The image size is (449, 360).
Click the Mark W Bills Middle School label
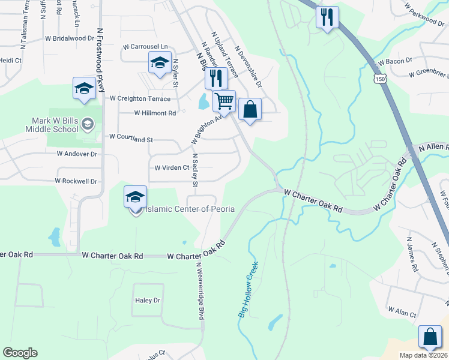coord(51,124)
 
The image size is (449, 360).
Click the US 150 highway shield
coord(379,79)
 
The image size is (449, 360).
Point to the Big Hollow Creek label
coord(248,289)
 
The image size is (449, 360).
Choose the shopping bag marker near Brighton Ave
coord(250,110)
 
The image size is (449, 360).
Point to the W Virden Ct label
coord(172,168)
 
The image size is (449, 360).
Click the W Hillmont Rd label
coord(155,113)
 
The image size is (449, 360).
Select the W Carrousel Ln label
coord(145,47)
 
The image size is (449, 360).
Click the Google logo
coord(20,353)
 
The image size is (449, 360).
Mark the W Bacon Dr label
coord(394,61)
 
